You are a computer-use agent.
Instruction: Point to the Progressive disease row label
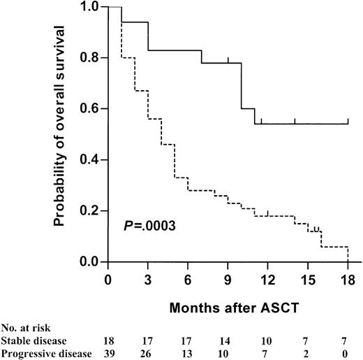tap(47, 354)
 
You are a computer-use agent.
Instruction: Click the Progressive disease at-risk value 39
tap(108, 354)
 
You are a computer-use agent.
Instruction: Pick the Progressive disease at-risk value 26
tap(148, 354)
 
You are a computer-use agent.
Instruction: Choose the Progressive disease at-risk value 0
tap(348, 354)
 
